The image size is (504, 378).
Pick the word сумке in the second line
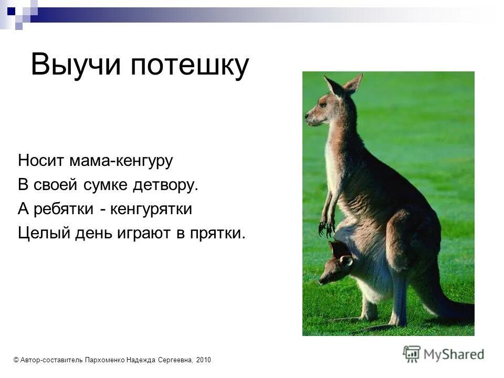pyautogui.click(x=102, y=185)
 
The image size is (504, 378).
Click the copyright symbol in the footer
pyautogui.click(x=16, y=360)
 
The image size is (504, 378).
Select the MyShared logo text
pyautogui.click(x=454, y=354)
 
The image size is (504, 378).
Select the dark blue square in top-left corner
pyautogui.click(x=12, y=10)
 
